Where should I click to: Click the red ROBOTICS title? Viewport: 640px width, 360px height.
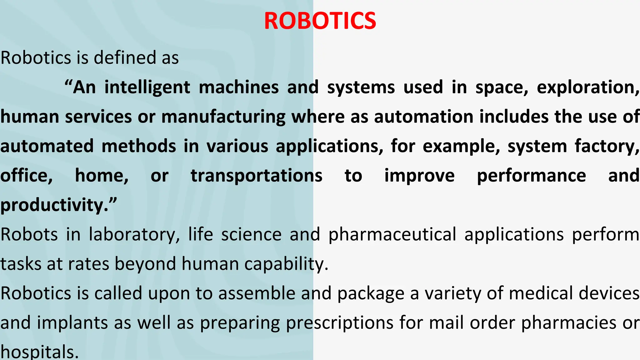click(x=320, y=21)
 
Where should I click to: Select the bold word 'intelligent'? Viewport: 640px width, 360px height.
click(x=147, y=87)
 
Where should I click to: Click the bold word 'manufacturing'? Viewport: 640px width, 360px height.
click(x=223, y=117)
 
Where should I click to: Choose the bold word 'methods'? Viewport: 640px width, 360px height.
click(x=139, y=146)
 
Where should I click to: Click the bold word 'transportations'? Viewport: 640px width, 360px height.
click(x=256, y=175)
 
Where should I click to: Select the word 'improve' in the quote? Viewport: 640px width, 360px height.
click(x=419, y=175)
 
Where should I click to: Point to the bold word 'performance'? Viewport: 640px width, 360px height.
click(x=531, y=175)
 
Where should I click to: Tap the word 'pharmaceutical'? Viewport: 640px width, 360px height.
click(x=392, y=234)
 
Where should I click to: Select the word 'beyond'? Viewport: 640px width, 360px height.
click(x=146, y=264)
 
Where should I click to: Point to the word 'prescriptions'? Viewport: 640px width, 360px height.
click(x=340, y=323)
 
